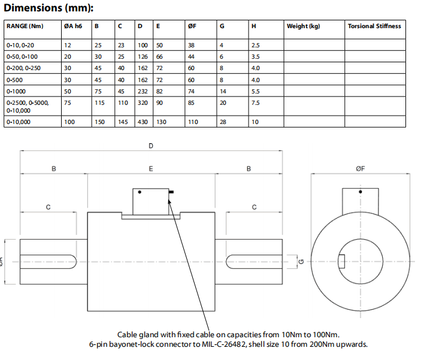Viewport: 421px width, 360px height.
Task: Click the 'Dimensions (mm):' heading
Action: [48, 8]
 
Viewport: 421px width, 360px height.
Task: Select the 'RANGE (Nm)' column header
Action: [25, 26]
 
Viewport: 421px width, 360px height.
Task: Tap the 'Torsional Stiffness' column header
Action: [374, 26]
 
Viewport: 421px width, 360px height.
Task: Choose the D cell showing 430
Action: [143, 122]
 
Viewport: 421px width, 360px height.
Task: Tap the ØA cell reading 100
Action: [70, 122]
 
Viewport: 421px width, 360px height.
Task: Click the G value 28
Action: [223, 122]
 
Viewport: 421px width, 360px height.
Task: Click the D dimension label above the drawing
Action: [151, 146]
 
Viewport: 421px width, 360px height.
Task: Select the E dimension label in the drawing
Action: [151, 170]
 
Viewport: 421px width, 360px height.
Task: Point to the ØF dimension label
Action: [360, 170]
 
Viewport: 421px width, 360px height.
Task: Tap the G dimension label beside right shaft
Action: [301, 262]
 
